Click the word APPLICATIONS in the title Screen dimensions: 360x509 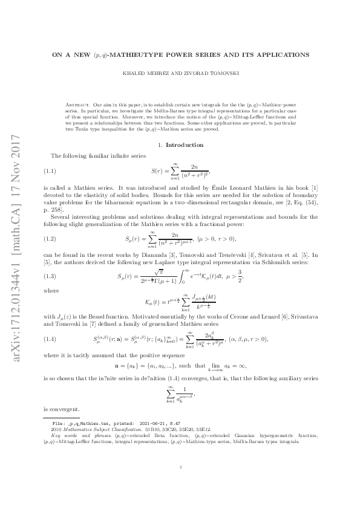(283, 54)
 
